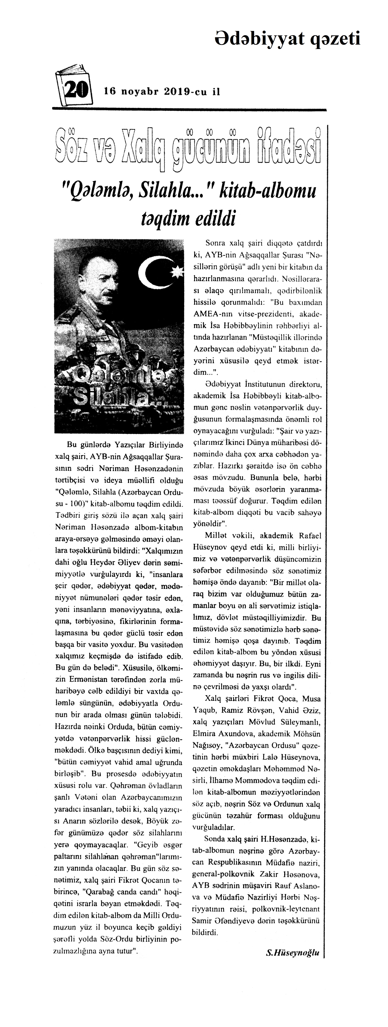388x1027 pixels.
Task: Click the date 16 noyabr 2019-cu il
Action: click(162, 91)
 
